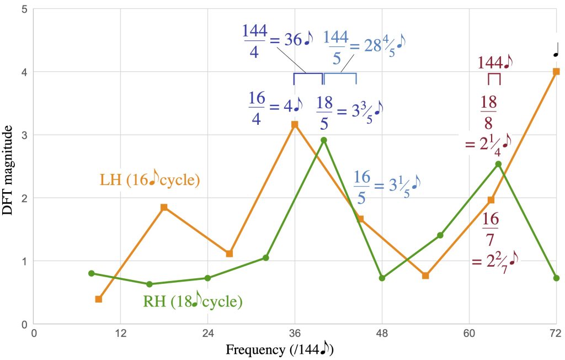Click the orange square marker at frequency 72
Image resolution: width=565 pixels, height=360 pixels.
coord(556,71)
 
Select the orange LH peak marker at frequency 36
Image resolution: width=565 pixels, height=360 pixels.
coord(295,124)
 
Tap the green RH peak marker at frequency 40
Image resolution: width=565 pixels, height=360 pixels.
coord(324,140)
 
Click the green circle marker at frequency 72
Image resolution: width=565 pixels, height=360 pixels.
coord(556,278)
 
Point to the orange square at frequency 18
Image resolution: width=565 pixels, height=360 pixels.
coord(164,207)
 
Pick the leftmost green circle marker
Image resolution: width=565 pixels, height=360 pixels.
coord(92,273)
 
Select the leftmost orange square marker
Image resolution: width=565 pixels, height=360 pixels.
coord(99,299)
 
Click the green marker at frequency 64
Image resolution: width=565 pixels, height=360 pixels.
coord(498,163)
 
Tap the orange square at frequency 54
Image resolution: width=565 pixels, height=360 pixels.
coord(425,275)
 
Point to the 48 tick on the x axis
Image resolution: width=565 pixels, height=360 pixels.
coord(382,333)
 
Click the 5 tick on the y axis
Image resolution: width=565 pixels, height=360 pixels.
coord(24,9)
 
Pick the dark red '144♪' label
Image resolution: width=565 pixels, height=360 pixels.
coord(494,61)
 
